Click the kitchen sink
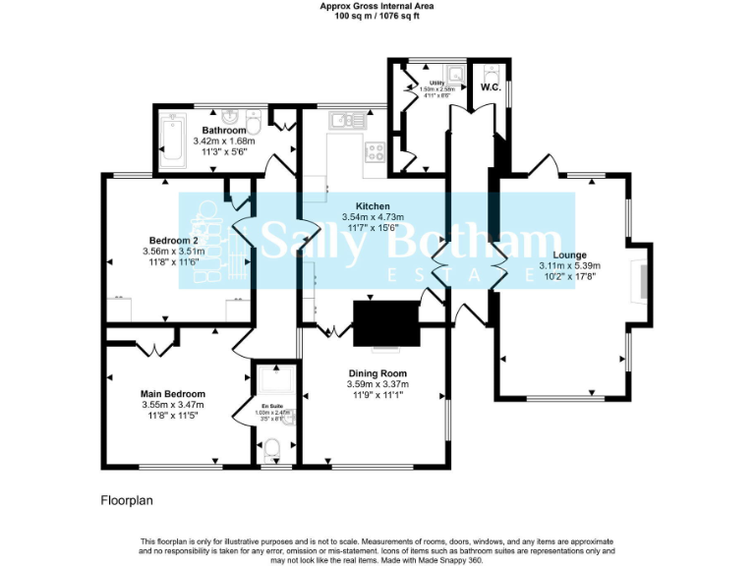click(342, 120)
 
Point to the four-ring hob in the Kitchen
click(375, 151)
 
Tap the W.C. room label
click(491, 87)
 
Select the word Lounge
click(569, 255)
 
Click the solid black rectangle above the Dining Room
click(385, 323)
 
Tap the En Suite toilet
click(272, 450)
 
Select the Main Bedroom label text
click(173, 393)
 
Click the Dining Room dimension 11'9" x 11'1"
click(377, 395)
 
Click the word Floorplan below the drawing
click(127, 500)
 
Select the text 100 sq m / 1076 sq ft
click(377, 17)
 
